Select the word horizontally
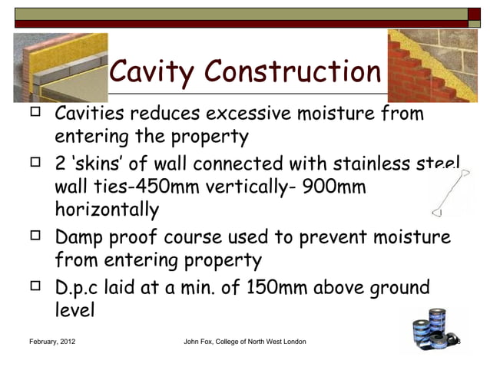pos(107,210)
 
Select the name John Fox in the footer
pos(201,341)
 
